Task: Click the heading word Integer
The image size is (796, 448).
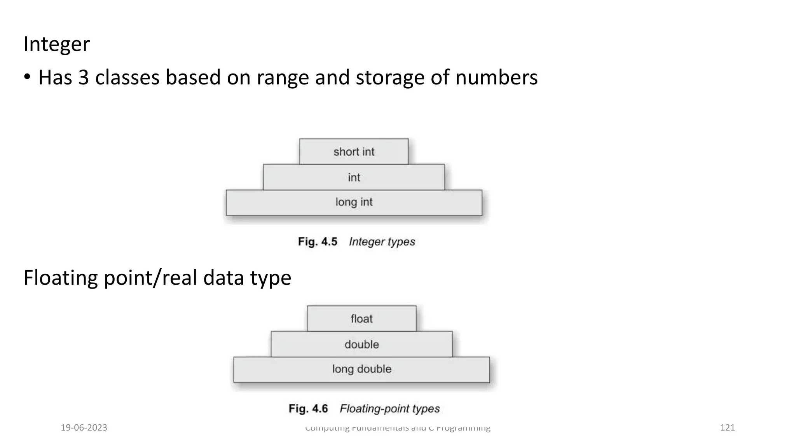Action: pos(56,44)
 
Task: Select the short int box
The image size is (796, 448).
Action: pos(354,151)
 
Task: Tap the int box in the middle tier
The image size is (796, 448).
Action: pos(354,177)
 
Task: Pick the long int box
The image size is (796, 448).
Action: pos(354,203)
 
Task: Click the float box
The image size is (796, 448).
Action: pos(361,318)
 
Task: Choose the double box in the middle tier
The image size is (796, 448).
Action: pos(361,344)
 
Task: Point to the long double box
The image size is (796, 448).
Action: pos(361,369)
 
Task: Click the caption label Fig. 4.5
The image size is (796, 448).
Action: pos(318,241)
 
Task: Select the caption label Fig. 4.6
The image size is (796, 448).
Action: pos(308,409)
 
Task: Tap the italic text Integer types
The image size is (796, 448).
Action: pos(382,242)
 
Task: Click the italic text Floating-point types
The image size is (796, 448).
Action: pos(389,409)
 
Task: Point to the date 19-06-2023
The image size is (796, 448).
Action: pos(84,428)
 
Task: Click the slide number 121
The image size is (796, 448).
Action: pos(727,428)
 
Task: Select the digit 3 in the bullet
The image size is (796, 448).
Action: pos(84,77)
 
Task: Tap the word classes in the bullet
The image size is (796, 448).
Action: pos(127,77)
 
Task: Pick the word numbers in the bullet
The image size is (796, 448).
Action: pos(496,77)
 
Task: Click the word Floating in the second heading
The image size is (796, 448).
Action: pos(61,278)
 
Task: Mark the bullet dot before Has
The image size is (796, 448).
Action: pos(27,77)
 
